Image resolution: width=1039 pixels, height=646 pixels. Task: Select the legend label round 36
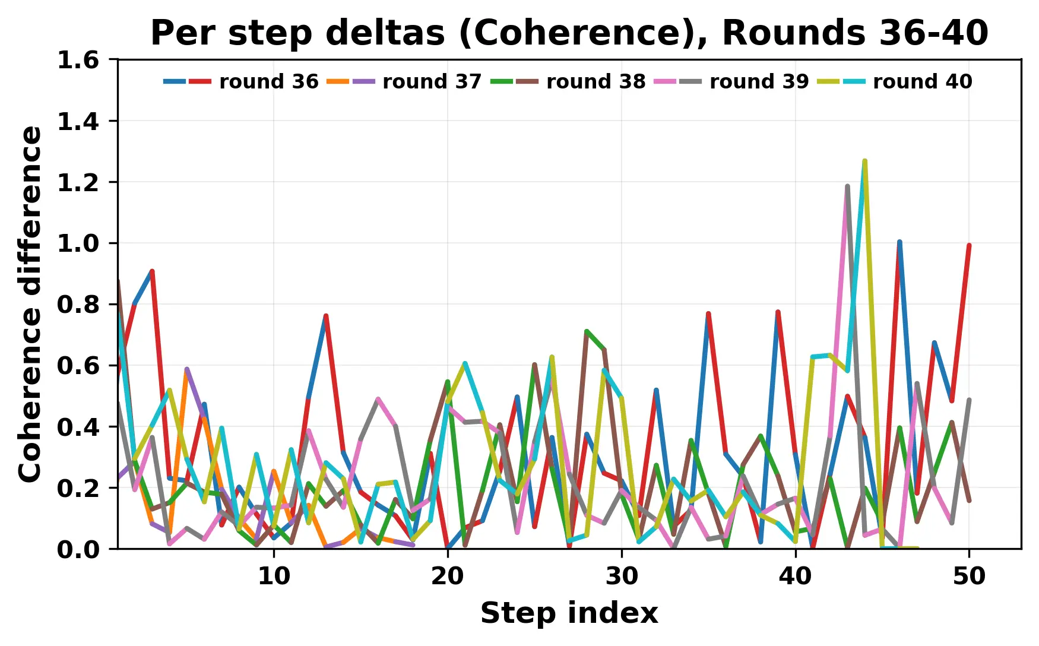pos(268,81)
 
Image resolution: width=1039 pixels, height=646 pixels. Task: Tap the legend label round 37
pos(432,81)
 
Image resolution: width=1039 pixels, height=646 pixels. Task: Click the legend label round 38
pos(595,81)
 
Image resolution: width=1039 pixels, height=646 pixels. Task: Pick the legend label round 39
pos(759,81)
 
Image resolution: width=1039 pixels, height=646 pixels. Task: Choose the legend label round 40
pos(922,81)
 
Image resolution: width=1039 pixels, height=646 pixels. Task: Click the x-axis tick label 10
pos(274,577)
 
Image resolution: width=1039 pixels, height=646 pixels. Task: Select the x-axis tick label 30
pos(622,577)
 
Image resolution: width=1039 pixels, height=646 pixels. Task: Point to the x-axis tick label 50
pos(969,577)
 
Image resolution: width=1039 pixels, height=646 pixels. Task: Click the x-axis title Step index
pos(569,613)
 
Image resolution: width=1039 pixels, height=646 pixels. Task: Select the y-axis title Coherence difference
pos(31,304)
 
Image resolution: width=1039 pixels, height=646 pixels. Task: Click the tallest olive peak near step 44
pos(864,161)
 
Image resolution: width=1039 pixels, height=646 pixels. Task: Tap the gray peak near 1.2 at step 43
pos(847,186)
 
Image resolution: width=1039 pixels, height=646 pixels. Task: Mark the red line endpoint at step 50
pos(969,245)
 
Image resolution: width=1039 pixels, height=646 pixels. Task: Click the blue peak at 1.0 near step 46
pos(899,242)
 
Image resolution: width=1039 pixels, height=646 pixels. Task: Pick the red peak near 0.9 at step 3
pos(152,271)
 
